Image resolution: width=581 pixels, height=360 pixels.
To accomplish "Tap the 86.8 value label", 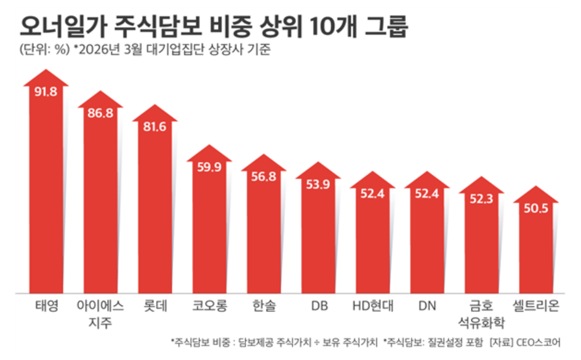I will point(100,114).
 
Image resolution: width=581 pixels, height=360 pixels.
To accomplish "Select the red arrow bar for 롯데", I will point(154,209).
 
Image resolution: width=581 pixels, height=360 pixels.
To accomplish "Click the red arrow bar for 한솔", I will point(263,234).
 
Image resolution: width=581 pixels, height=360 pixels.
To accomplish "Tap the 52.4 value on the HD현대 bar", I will point(372,194).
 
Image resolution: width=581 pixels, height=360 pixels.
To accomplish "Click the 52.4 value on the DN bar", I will point(427,194).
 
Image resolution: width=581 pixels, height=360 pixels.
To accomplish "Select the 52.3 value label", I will point(481,199).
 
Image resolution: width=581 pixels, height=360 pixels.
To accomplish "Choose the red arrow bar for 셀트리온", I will point(535,252).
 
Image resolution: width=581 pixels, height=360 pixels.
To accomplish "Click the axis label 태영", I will point(46,305).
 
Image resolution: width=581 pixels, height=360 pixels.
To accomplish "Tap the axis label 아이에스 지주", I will point(100,313).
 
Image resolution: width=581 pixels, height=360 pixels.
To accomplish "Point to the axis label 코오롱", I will point(209,305).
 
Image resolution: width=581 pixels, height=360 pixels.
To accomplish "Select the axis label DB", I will point(318,305).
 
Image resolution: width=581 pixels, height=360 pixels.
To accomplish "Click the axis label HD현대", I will point(372,305).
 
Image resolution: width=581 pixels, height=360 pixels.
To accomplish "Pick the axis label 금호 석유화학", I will point(481,313).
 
